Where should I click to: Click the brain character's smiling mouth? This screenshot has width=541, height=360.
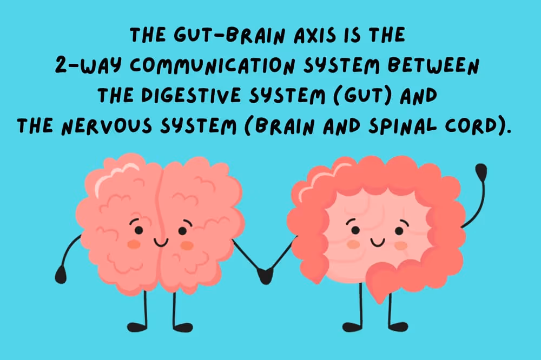161,242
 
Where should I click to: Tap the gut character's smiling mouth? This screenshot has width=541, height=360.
377,241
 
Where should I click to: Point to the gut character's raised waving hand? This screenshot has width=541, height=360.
480,172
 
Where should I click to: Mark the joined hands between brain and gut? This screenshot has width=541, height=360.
265,275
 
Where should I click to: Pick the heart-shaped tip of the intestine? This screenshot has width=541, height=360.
383,284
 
